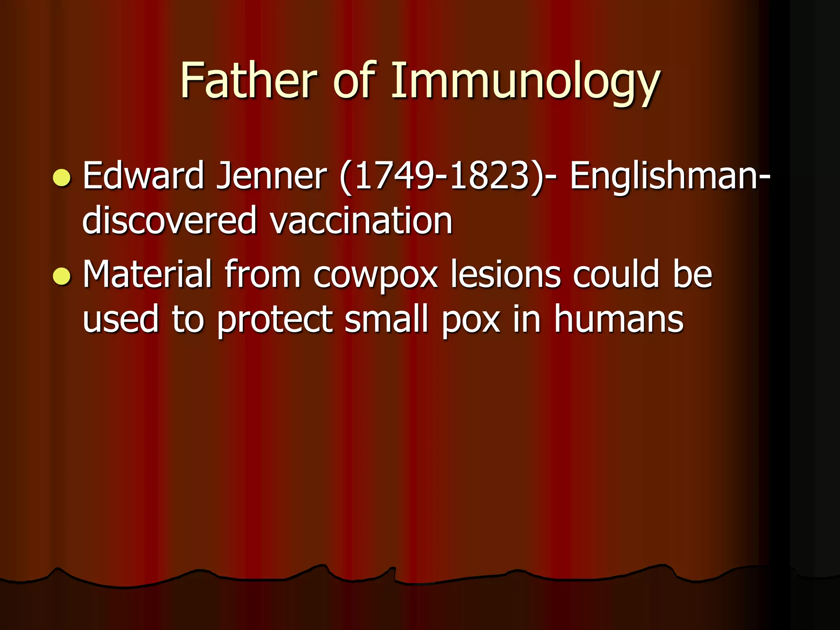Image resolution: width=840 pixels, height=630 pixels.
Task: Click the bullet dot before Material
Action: [x=62, y=276]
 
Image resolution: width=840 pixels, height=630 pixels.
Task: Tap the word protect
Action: [x=274, y=320]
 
